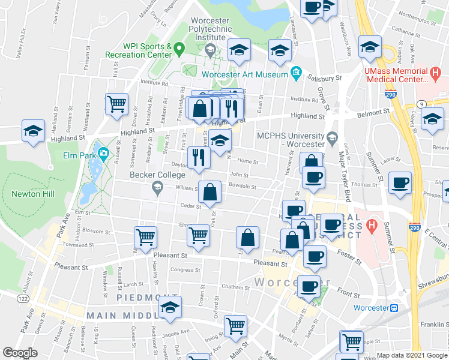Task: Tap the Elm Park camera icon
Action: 104,154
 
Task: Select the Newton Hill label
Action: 34,194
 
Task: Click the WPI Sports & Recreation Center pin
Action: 178,47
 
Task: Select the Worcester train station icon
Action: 394,308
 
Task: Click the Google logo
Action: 20,353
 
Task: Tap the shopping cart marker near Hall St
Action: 117,103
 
